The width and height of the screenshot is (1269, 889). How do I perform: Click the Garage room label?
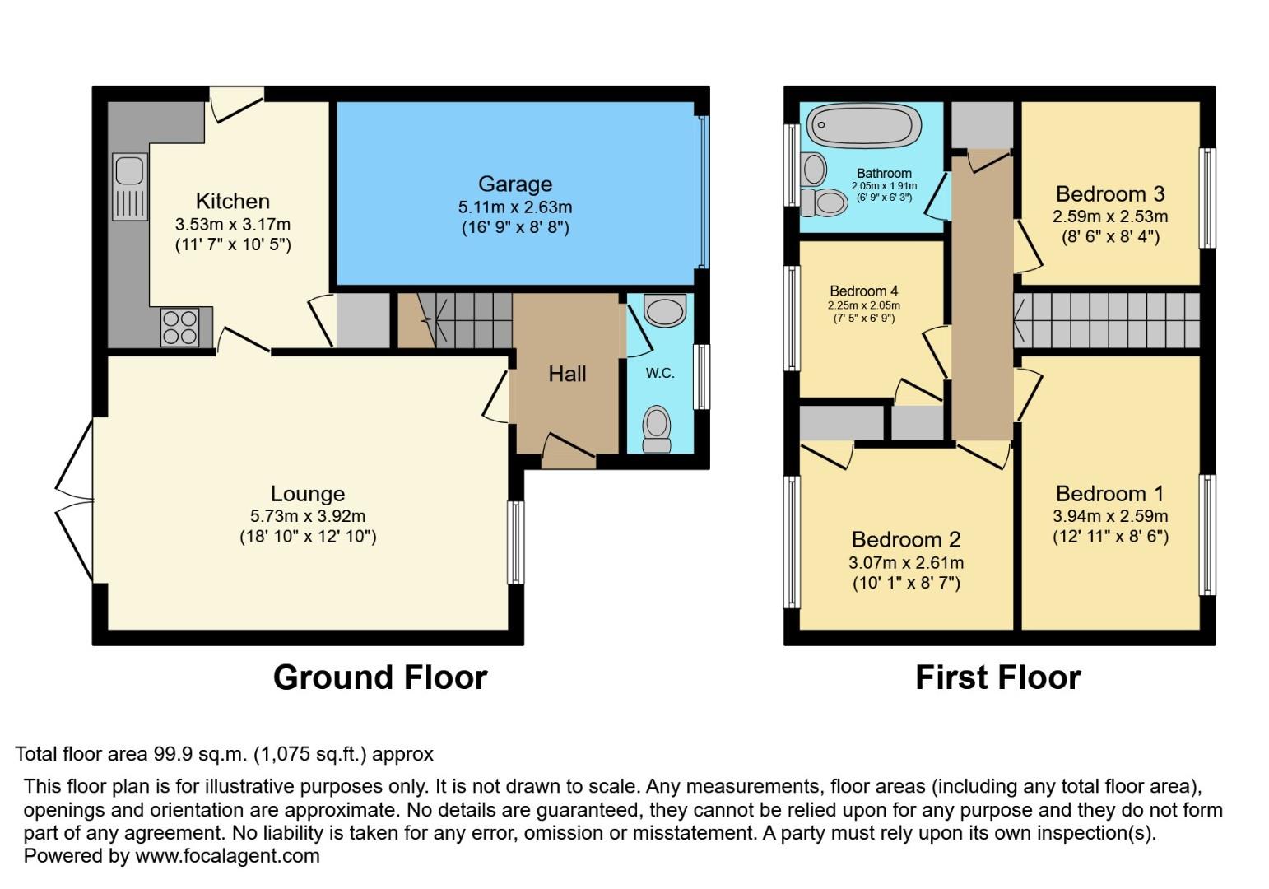point(515,184)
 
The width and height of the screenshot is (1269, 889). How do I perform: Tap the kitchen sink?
point(129,186)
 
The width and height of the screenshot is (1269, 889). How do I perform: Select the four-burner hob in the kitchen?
point(179,326)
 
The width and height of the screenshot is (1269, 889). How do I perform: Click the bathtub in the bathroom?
point(861,126)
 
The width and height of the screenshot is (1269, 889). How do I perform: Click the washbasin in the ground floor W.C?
point(665,312)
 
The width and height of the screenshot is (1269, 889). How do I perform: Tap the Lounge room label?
point(308,494)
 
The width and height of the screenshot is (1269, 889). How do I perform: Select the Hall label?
point(567,375)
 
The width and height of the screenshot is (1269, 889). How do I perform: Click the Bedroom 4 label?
point(863,291)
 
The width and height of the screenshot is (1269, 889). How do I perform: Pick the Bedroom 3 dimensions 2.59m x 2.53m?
point(1109,217)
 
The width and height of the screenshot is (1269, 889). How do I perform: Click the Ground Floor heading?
point(380,677)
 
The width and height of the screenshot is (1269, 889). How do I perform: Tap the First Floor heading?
point(997,677)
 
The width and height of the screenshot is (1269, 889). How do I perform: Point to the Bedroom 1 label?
point(1109,494)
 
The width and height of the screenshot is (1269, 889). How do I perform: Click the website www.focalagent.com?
point(227,856)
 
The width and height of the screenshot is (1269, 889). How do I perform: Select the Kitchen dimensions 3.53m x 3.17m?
point(232,224)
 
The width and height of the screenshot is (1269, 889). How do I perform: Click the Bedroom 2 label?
point(905,540)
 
